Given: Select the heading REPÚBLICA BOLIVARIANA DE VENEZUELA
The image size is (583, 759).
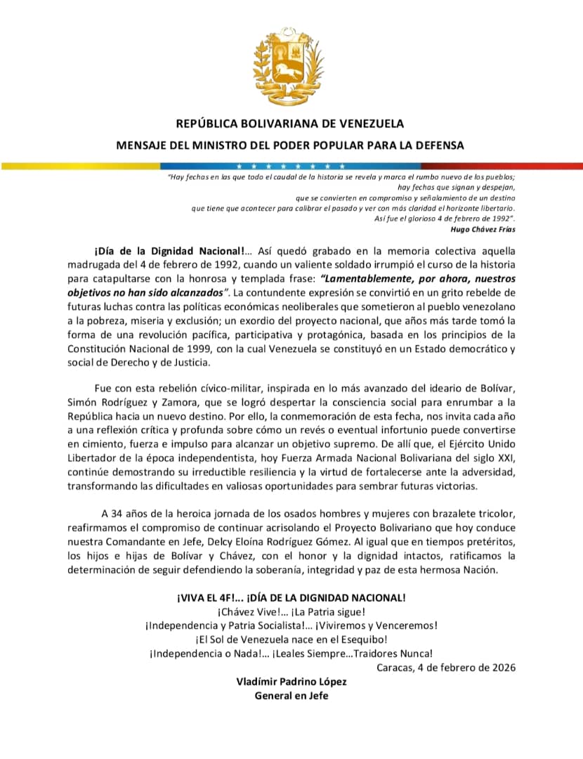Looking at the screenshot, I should click(x=290, y=124).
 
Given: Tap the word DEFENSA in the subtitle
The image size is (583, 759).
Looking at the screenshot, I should click(x=439, y=145).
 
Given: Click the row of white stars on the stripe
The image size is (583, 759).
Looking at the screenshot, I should click(x=289, y=166).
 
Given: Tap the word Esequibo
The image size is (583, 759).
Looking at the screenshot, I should click(x=362, y=640).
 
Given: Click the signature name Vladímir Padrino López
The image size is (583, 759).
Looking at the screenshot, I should click(x=292, y=682).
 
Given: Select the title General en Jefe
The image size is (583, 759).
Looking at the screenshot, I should click(x=291, y=696).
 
